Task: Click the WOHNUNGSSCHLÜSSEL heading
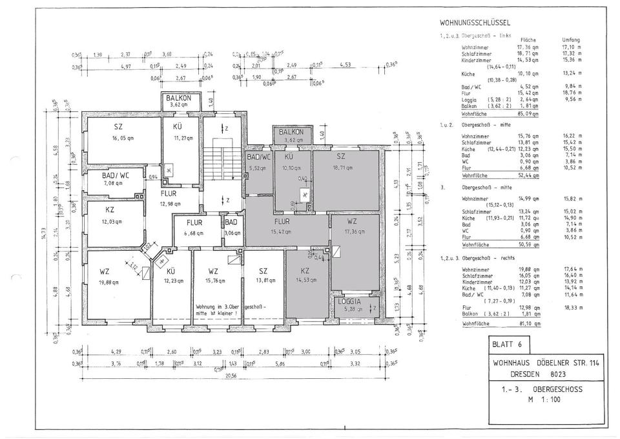[x=472, y=23]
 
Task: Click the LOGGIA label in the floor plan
[x=349, y=301]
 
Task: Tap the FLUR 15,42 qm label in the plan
[x=282, y=226]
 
